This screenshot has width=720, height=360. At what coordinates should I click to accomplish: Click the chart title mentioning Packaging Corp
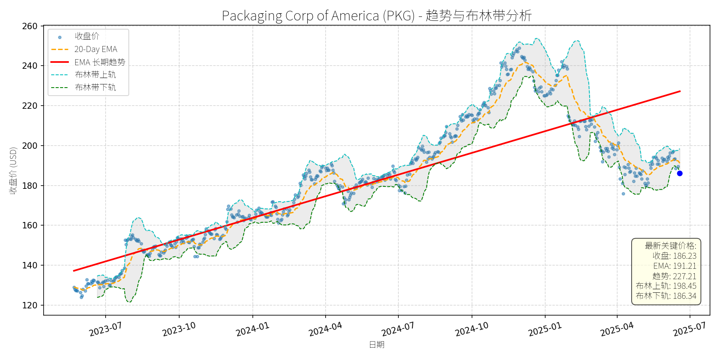click(x=376, y=16)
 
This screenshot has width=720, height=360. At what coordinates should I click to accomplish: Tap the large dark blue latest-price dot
click(x=680, y=173)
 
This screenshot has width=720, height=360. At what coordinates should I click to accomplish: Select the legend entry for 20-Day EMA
click(x=96, y=49)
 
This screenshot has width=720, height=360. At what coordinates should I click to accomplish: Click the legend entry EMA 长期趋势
click(x=100, y=62)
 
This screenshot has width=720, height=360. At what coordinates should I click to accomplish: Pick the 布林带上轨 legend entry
click(x=95, y=74)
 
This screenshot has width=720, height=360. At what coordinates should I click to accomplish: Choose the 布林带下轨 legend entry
click(x=95, y=87)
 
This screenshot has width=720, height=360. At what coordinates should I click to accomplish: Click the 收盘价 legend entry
click(x=87, y=36)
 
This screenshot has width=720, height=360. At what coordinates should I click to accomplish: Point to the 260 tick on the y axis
click(x=30, y=26)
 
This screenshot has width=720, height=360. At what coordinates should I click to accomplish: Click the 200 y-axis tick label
click(x=30, y=146)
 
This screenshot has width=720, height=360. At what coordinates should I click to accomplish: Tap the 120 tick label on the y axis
click(x=30, y=305)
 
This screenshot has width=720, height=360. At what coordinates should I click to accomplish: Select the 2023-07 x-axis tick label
click(x=106, y=329)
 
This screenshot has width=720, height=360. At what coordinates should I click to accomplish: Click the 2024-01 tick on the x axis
click(x=252, y=329)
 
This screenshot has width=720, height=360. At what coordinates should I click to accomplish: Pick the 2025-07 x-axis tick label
click(x=690, y=329)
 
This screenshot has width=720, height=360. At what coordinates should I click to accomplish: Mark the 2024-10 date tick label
click(x=472, y=329)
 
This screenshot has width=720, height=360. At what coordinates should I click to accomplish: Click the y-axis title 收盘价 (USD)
click(x=13, y=171)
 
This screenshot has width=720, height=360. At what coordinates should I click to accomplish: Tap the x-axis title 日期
click(x=376, y=344)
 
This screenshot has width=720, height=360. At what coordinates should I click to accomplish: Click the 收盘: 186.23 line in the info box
click(x=674, y=256)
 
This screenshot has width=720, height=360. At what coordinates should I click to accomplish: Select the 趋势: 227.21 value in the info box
click(x=674, y=276)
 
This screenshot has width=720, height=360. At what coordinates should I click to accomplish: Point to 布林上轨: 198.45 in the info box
click(x=666, y=286)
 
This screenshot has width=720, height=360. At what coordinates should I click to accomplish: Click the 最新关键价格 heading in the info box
click(x=670, y=246)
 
